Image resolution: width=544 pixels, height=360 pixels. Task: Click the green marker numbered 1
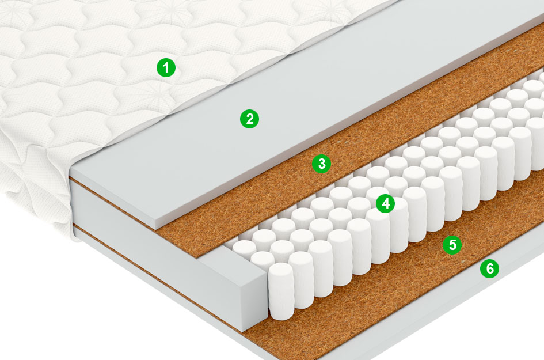(x=166, y=67)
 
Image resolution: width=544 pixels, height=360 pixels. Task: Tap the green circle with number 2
(x=249, y=119)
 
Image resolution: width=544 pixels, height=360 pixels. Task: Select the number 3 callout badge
(x=322, y=164)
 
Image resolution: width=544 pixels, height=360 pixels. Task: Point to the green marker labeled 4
(x=386, y=203)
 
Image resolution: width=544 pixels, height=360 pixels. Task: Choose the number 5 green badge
(x=452, y=245)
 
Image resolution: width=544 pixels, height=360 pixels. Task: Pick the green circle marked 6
(x=489, y=268)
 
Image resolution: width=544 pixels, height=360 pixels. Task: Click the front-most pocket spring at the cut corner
(x=281, y=291)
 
